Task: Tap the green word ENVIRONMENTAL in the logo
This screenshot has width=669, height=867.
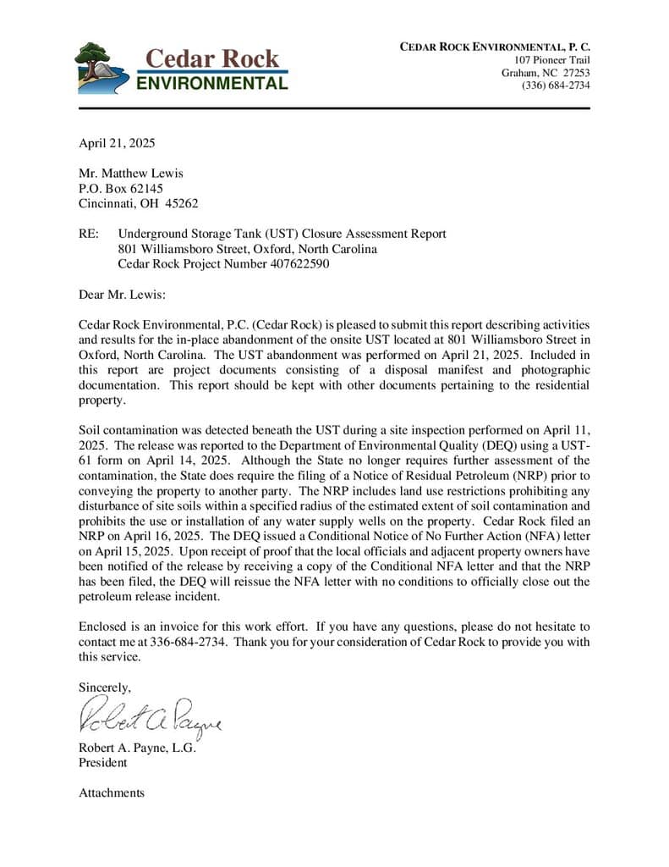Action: click(x=211, y=84)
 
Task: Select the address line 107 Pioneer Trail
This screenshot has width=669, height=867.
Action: click(x=552, y=60)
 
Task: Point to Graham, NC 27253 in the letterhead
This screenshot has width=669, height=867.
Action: click(x=546, y=73)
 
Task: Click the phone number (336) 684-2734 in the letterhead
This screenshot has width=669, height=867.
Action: click(x=556, y=86)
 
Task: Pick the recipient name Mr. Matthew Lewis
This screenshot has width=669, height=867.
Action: click(x=131, y=174)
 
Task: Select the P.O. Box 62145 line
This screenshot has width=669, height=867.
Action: click(x=121, y=189)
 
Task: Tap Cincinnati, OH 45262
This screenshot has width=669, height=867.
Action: click(x=139, y=203)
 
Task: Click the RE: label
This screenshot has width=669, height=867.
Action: click(x=89, y=234)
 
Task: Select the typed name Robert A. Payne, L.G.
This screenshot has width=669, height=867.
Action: click(x=137, y=748)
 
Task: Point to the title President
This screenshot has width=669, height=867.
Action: click(x=103, y=763)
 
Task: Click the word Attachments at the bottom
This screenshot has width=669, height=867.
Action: click(x=112, y=793)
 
